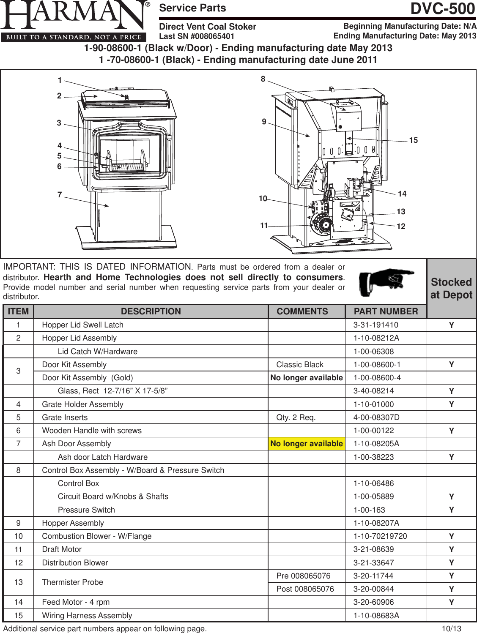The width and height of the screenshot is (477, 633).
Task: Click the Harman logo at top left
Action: coord(75,21)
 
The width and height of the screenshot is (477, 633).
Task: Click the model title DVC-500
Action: coord(443,9)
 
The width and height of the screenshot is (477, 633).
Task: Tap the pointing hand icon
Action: coord(386,281)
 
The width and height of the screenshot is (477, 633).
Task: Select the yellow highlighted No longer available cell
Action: coord(307,444)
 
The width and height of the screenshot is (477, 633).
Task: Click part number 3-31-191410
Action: coord(376,325)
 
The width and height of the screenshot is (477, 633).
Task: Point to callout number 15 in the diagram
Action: coord(413,140)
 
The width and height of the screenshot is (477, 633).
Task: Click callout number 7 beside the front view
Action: coord(60,195)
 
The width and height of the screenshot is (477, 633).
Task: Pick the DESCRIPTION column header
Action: coord(151,311)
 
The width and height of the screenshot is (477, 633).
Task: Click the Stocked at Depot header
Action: coord(451,289)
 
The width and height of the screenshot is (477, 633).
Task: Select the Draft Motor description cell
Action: coord(62,549)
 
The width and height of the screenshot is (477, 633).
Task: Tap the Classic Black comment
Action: coord(300,365)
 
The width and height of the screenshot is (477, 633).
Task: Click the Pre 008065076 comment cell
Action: coord(303,576)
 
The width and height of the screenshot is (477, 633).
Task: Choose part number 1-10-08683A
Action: coord(376,616)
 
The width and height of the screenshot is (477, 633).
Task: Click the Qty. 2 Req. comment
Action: coord(296,417)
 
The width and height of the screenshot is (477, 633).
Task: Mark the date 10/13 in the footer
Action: coord(451,629)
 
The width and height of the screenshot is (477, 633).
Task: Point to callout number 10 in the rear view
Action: coord(263,199)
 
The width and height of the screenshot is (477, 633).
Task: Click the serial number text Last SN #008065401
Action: coord(197,36)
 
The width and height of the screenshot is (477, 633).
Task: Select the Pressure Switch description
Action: coord(86,510)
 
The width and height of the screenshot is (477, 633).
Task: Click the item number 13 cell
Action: coord(19,582)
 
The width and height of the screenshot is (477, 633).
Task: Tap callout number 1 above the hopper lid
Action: coord(60,80)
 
